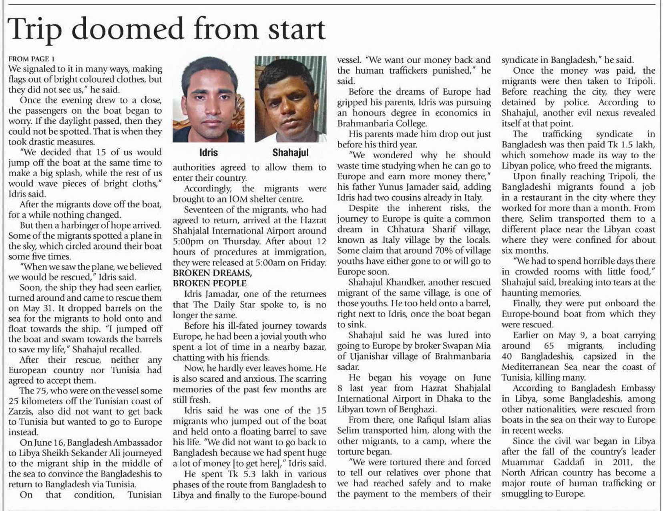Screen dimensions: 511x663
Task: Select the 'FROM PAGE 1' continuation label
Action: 32,59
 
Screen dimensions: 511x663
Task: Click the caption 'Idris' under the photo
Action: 209,153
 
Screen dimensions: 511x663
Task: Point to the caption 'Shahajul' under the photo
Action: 290,153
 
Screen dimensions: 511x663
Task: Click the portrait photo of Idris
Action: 209,99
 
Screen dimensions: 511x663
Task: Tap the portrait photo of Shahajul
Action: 290,99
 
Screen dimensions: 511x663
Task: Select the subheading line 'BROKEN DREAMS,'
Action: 212,273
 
